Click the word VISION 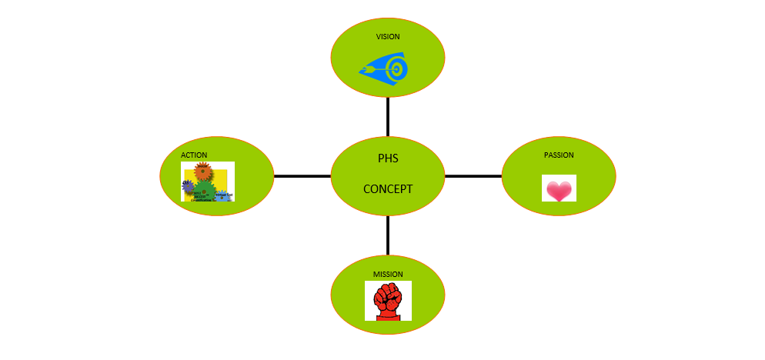(387, 36)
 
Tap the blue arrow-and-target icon (384, 68)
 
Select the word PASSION (559, 155)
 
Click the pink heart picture (559, 189)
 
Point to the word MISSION (387, 274)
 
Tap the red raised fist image (387, 301)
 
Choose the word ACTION (194, 155)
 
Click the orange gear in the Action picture (202, 171)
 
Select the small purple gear (187, 185)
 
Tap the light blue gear (222, 195)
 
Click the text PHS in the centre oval (387, 159)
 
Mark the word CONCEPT (387, 189)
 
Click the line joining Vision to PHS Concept (387, 116)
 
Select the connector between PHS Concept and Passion (473, 176)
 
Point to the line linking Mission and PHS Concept (387, 235)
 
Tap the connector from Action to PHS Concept (302, 176)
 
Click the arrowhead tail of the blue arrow (364, 70)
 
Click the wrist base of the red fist (387, 315)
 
